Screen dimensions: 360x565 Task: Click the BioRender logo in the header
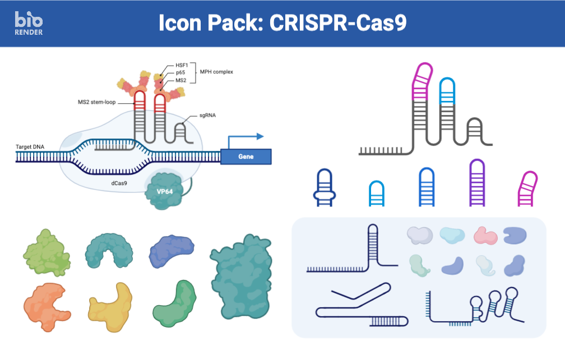pyautogui.click(x=29, y=23)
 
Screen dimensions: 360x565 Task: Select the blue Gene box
pyautogui.click(x=246, y=156)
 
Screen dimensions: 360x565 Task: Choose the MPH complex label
pyautogui.click(x=216, y=72)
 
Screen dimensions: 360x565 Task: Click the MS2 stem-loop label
pyautogui.click(x=97, y=102)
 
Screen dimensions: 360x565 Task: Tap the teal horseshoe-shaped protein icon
pyautogui.click(x=110, y=251)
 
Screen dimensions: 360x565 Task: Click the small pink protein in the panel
pyautogui.click(x=485, y=236)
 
